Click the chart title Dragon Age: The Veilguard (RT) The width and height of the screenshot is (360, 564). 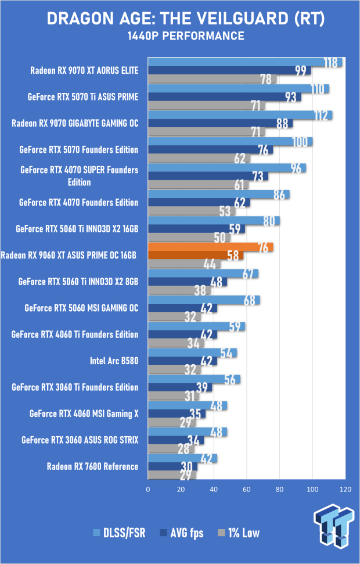179,19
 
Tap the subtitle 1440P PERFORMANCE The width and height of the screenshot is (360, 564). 179,36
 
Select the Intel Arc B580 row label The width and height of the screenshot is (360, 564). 114,361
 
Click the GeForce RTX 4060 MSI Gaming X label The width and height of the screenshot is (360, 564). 84,414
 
